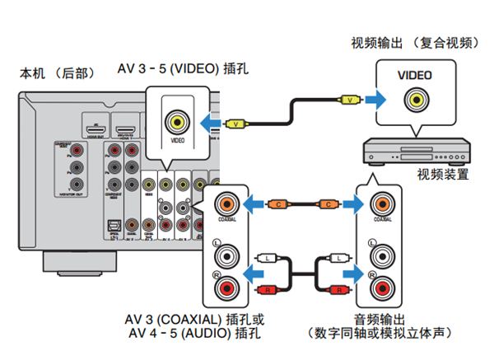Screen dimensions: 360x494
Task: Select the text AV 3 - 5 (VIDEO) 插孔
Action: (184, 68)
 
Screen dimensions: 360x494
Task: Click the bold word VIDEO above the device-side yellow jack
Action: (414, 76)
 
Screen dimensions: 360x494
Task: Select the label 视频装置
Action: (442, 174)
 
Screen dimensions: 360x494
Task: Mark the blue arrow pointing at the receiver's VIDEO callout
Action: (211, 124)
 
